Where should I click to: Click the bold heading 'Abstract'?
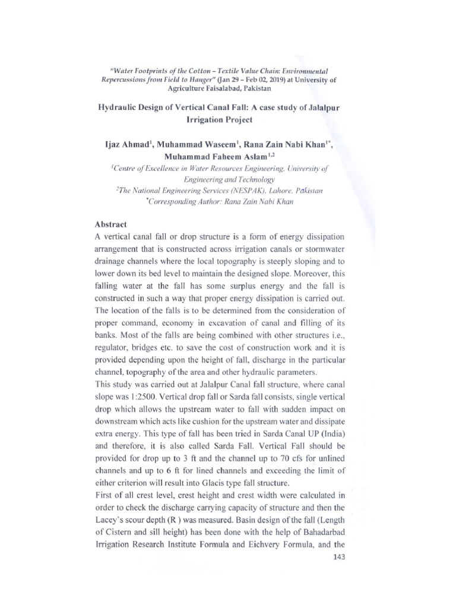tap(112, 225)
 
